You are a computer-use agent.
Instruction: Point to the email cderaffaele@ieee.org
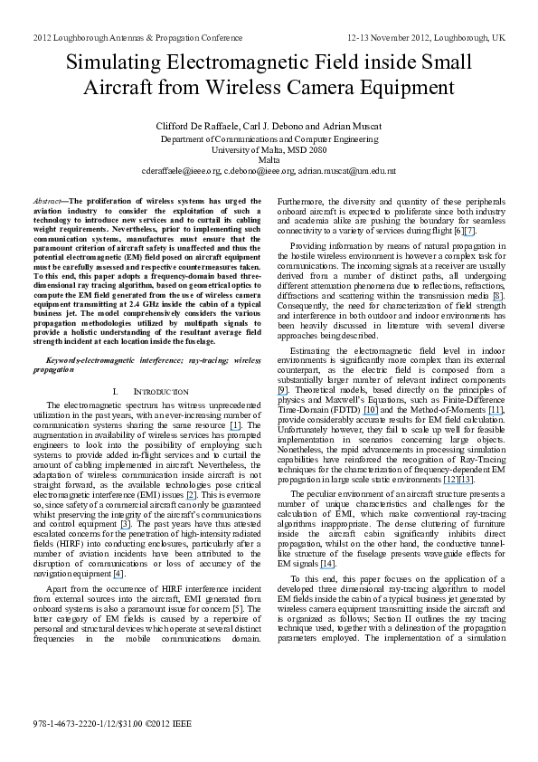point(181,170)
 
